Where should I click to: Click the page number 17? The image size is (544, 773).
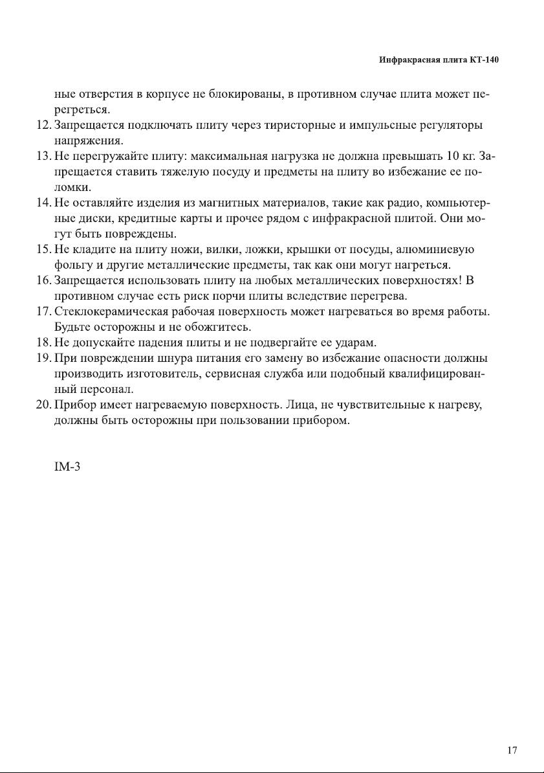(x=512, y=750)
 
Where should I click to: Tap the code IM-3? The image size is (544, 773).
(x=67, y=467)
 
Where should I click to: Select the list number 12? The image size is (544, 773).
(x=43, y=124)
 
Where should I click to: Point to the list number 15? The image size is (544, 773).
(x=43, y=249)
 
